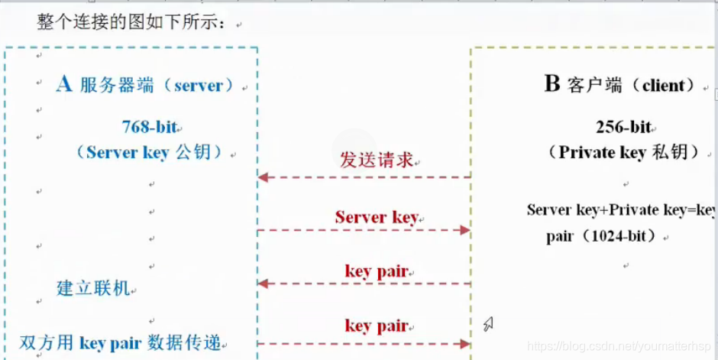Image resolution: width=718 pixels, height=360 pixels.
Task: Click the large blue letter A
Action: tap(65, 84)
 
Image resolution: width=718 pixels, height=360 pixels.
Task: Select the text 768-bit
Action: tap(151, 127)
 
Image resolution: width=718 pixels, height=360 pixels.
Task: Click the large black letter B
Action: tap(551, 84)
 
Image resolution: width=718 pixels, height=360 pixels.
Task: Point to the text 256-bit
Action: tap(623, 127)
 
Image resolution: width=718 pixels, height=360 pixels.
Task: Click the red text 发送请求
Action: tap(377, 161)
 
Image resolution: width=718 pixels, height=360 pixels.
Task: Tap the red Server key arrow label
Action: tap(376, 217)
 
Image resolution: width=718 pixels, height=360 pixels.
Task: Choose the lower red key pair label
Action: tap(376, 326)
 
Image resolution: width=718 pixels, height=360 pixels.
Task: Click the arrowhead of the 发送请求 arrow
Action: tap(262, 177)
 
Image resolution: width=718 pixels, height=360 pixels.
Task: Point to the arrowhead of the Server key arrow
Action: tap(464, 230)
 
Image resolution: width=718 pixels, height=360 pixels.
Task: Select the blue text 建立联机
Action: tap(95, 289)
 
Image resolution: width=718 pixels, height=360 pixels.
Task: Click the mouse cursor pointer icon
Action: tap(487, 324)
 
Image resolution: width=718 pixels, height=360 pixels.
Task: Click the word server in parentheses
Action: tap(203, 86)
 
